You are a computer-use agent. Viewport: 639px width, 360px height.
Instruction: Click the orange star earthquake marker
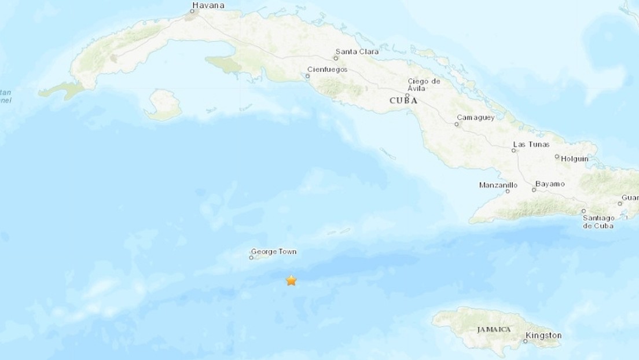[x=291, y=281]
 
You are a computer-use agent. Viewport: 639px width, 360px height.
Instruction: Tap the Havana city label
[x=208, y=6]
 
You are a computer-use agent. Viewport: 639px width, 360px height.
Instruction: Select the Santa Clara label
[x=357, y=52]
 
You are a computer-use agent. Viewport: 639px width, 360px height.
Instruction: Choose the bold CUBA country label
[x=403, y=100]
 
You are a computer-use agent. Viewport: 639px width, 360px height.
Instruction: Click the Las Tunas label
[x=531, y=144]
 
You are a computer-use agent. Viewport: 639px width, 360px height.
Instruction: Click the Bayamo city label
[x=549, y=184]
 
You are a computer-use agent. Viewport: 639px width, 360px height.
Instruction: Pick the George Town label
[x=273, y=252]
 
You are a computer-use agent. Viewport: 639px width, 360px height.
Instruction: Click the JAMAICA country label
[x=493, y=329]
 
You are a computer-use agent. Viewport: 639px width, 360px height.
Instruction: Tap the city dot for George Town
[x=251, y=258]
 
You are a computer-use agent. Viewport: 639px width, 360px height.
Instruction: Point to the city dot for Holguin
[x=556, y=157]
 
